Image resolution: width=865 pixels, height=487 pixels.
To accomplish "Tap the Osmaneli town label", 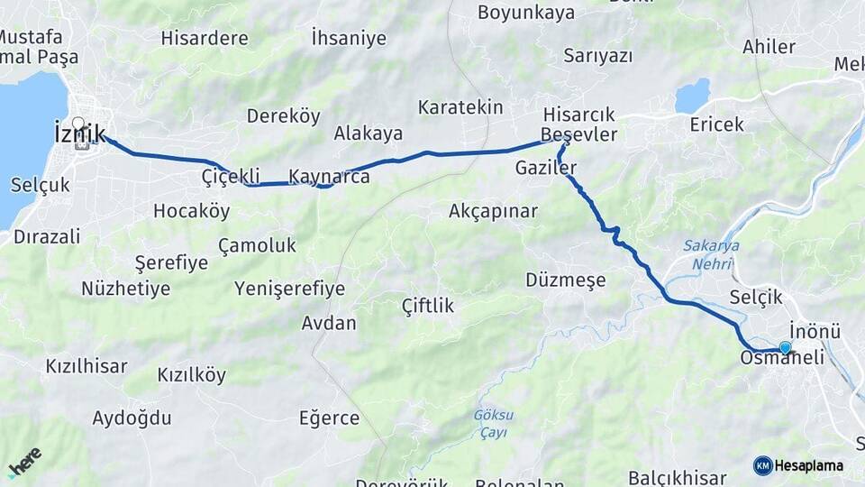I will [x=781, y=358].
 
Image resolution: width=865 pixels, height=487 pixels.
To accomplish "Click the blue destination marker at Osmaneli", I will [x=785, y=348].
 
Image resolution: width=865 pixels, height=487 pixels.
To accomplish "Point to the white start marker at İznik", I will [x=78, y=124].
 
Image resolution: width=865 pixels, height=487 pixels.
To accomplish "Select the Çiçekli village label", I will [x=231, y=176].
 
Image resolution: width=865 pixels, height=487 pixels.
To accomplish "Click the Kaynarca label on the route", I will [x=329, y=176].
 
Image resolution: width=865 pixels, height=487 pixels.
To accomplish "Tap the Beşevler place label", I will [x=578, y=135].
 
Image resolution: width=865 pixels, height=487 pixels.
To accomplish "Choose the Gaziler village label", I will [x=546, y=168].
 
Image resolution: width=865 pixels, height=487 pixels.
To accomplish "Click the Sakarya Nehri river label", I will [x=711, y=254].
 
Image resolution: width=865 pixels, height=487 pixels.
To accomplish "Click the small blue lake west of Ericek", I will [x=693, y=95].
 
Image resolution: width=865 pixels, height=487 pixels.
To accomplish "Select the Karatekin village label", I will [x=460, y=107].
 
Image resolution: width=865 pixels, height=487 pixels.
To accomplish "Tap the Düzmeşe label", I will [x=566, y=280].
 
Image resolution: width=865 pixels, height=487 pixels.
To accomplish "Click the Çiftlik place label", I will [x=428, y=306].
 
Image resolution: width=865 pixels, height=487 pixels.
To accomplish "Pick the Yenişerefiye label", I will [x=289, y=289].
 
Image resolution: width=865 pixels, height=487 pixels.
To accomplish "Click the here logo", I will [x=24, y=461].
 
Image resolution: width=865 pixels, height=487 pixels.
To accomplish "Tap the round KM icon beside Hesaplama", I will [x=762, y=465].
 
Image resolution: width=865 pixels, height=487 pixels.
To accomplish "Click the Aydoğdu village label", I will [x=132, y=418].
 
